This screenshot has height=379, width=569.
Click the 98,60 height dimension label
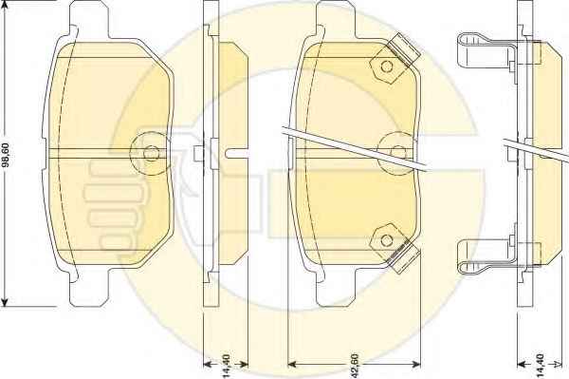pos(8,155)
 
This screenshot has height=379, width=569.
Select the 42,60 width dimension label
pos(355,364)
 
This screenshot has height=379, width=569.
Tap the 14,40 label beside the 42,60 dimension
pos(226,365)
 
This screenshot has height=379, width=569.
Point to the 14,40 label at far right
pos(540,365)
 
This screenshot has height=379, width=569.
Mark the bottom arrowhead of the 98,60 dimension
pos(5,302)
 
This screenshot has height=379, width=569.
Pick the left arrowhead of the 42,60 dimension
pos(292,364)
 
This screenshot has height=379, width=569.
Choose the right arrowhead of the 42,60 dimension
pos(416,364)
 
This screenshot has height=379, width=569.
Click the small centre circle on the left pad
pos(151,153)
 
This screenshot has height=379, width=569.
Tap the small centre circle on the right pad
pos(398,152)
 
